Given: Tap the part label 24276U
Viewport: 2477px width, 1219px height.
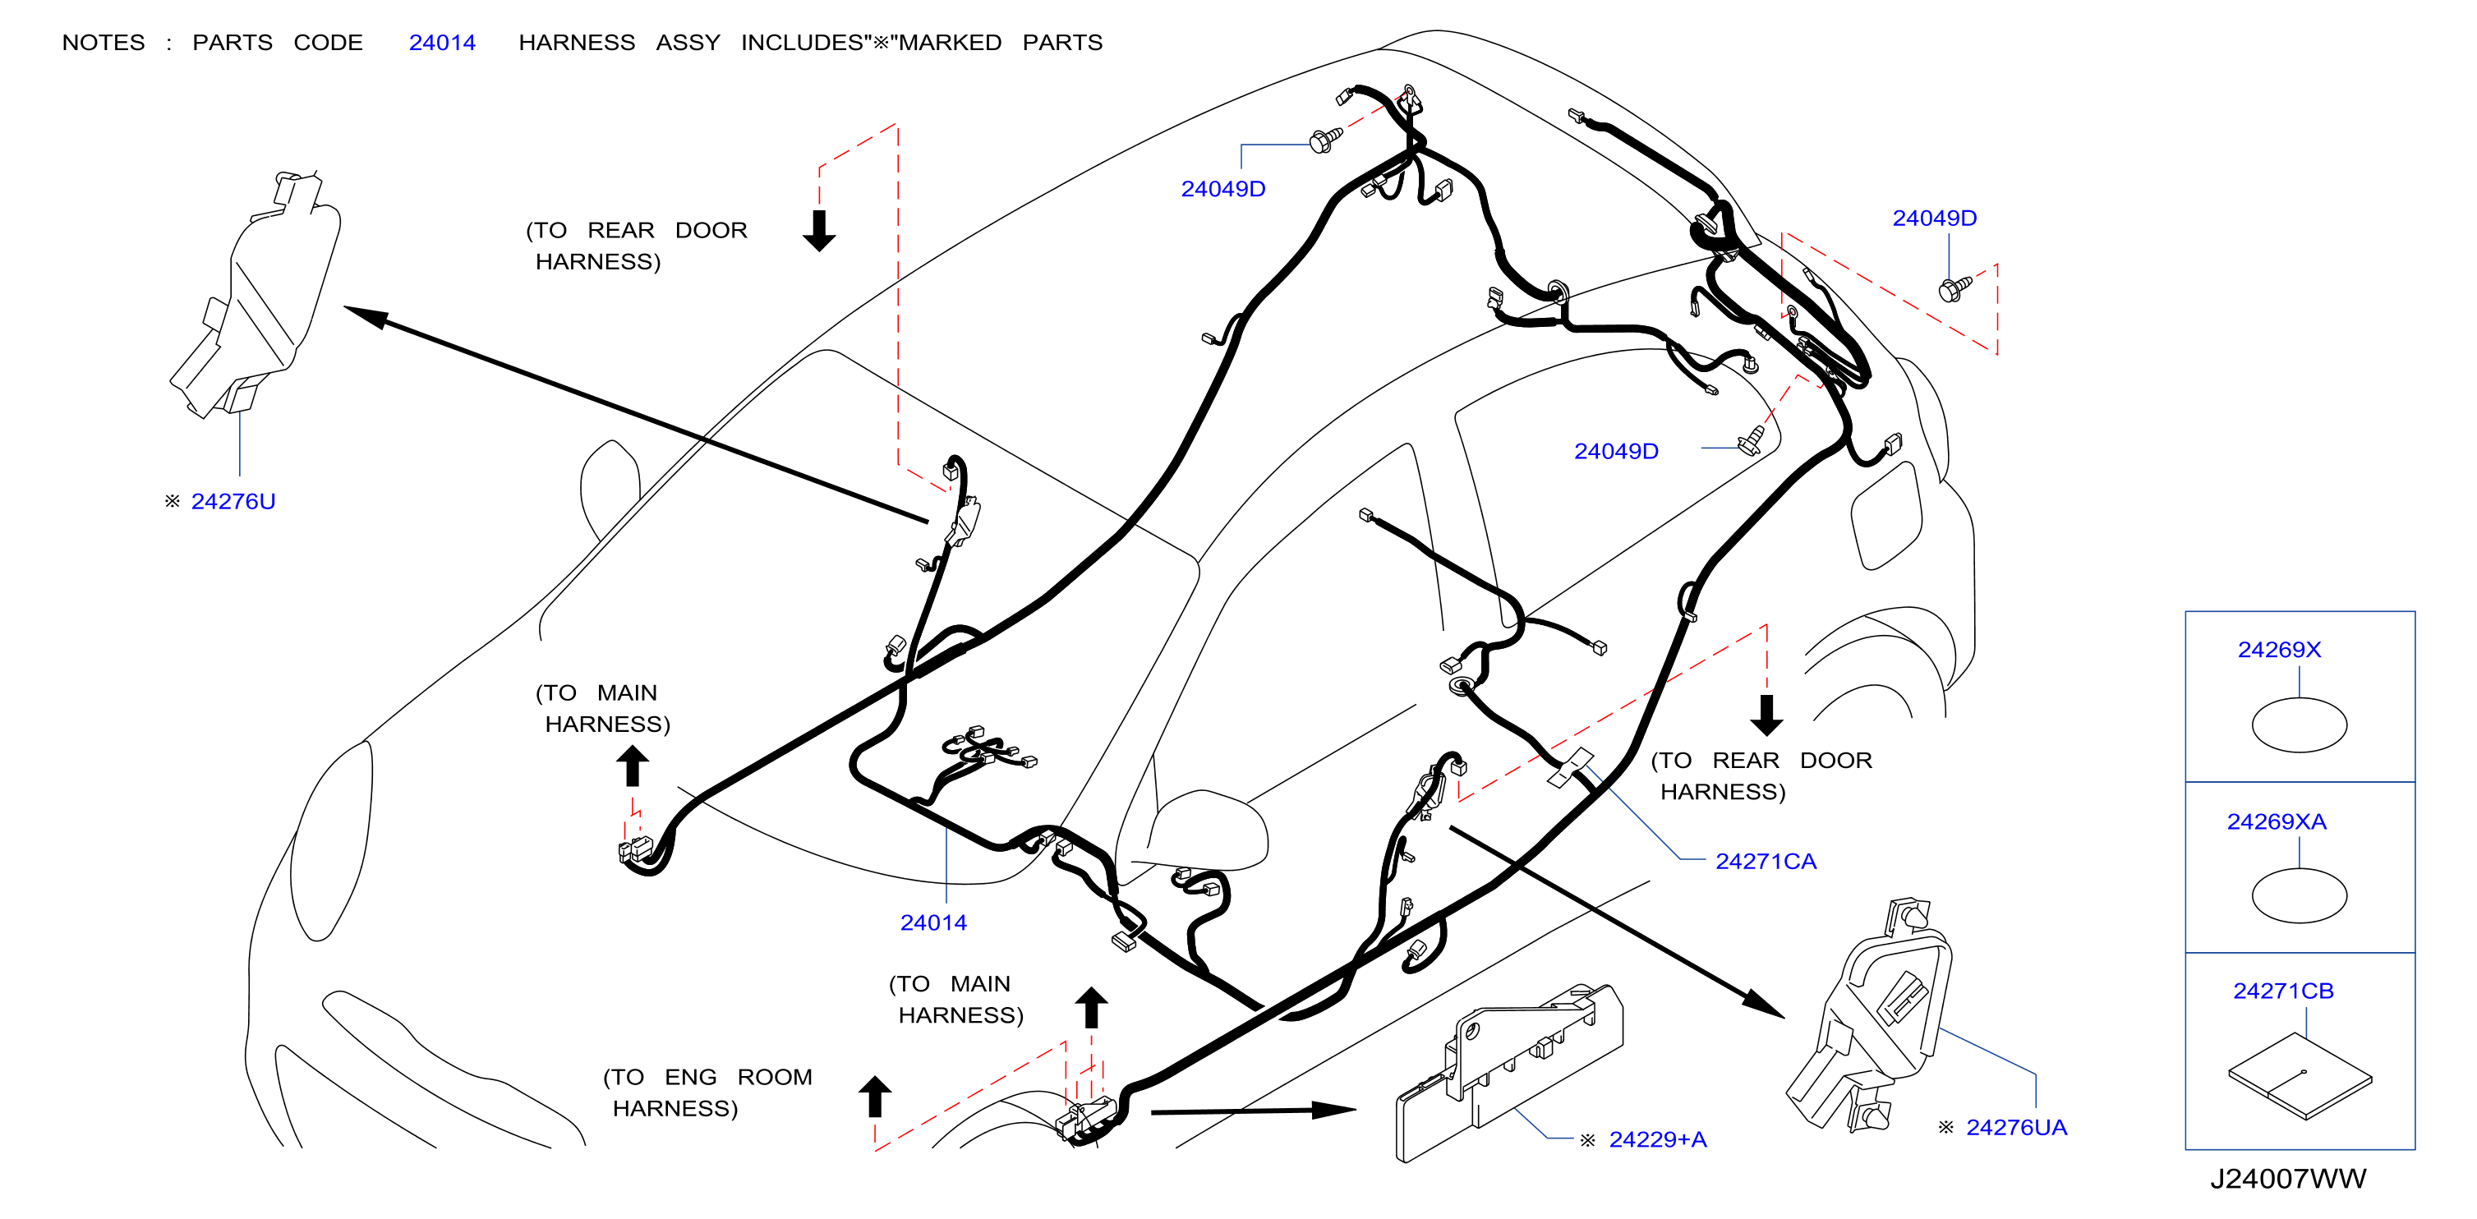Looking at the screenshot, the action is tap(233, 502).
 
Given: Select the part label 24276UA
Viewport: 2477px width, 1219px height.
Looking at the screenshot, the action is tap(2016, 1128).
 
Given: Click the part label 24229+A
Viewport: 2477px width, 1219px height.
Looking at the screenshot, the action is tap(1658, 1140).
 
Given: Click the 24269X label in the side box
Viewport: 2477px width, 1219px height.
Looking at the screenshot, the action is tap(2279, 650).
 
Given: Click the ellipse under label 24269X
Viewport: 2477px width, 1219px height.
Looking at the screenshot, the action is tap(2299, 724).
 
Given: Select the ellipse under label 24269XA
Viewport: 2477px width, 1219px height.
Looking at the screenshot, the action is tap(2299, 896).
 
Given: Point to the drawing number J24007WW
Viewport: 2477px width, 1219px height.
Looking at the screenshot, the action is tap(2287, 1179).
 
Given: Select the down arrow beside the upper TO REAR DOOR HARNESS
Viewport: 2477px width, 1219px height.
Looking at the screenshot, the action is tap(819, 231).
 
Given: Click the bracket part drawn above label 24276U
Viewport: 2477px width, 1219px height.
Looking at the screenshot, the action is tap(256, 294).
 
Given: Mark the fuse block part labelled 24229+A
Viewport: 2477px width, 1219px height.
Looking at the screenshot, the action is tap(1510, 1073).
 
